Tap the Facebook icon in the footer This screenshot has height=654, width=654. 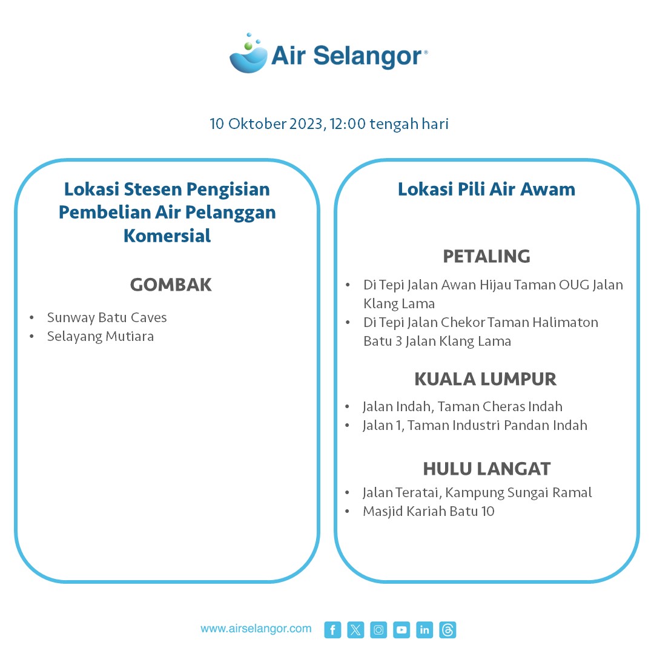tap(332, 630)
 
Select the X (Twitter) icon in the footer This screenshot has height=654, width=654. tap(355, 630)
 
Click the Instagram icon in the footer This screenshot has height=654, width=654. tap(378, 630)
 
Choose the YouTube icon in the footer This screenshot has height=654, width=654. tap(401, 630)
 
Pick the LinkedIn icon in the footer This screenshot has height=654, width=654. tap(424, 630)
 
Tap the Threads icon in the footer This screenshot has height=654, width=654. tap(448, 630)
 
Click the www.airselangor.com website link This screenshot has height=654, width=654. tap(256, 629)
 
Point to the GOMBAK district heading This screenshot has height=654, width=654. tap(171, 285)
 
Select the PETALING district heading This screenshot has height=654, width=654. tap(486, 256)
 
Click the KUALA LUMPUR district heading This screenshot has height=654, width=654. tap(485, 379)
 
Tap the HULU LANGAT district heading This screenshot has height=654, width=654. tap(486, 469)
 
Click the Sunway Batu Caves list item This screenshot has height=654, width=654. tap(107, 317)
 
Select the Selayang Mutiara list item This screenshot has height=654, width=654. tap(101, 336)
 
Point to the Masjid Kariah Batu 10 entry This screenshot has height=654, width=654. tap(428, 511)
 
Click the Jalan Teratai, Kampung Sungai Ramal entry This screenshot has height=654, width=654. tap(477, 492)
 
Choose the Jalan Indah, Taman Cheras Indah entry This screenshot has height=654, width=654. tap(462, 406)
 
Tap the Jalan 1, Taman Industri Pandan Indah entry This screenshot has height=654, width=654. tap(475, 425)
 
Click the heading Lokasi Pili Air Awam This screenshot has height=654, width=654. tap(486, 190)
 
